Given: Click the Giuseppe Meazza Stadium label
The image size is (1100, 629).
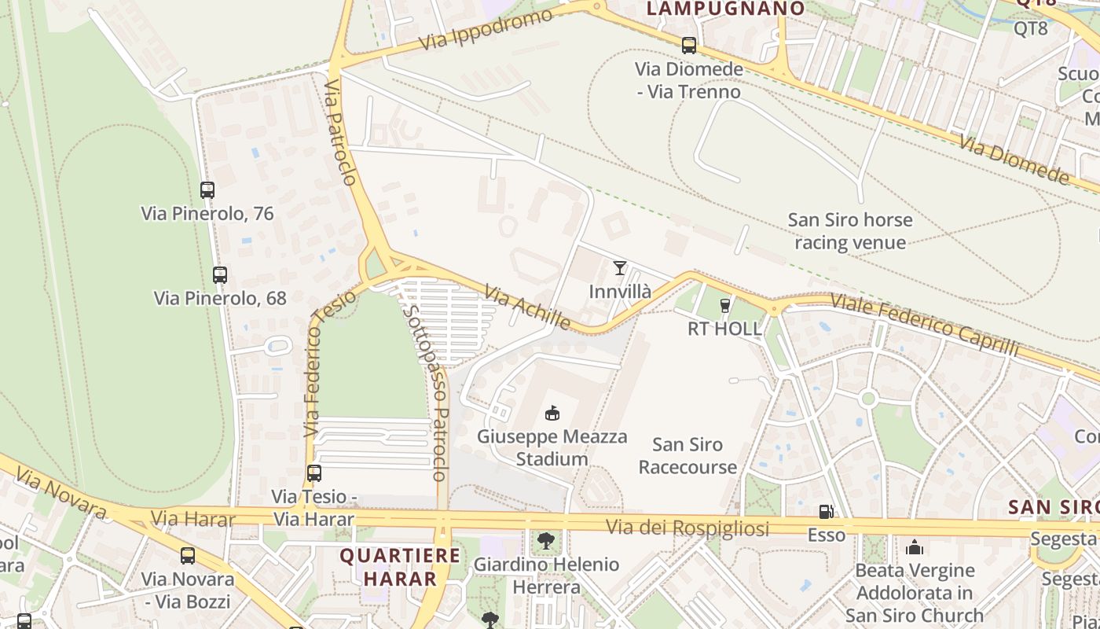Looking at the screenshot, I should (552, 447).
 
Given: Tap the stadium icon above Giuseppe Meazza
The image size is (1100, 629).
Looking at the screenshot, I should (552, 413).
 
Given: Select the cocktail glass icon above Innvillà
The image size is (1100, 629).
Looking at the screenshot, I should (620, 268).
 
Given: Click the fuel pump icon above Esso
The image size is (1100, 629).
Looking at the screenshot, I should (826, 512).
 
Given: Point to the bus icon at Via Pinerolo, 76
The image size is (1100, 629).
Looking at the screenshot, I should (207, 189).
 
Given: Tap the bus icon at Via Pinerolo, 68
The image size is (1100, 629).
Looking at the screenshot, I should (220, 275).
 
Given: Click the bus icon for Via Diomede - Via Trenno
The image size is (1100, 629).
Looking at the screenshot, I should (689, 46).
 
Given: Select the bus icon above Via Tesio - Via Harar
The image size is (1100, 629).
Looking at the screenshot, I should (314, 473).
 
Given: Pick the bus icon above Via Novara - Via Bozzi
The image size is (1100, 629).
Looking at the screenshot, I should (188, 556).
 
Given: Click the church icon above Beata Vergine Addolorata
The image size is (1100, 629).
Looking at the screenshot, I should (915, 547).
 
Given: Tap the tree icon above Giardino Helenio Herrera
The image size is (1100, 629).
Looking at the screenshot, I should (545, 541).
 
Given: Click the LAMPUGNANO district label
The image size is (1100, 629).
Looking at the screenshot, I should (725, 9).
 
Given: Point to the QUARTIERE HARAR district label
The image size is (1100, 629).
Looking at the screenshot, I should (400, 567).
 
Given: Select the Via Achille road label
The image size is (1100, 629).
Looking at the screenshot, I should (528, 307).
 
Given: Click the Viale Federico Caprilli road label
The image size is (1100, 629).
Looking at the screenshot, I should (924, 325).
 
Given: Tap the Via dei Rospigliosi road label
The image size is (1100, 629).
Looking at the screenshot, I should (687, 528).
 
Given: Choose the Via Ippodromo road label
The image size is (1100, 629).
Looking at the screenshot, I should (486, 31).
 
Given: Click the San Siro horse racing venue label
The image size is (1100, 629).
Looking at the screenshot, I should (850, 230).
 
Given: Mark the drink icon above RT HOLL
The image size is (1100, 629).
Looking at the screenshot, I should (724, 305).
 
